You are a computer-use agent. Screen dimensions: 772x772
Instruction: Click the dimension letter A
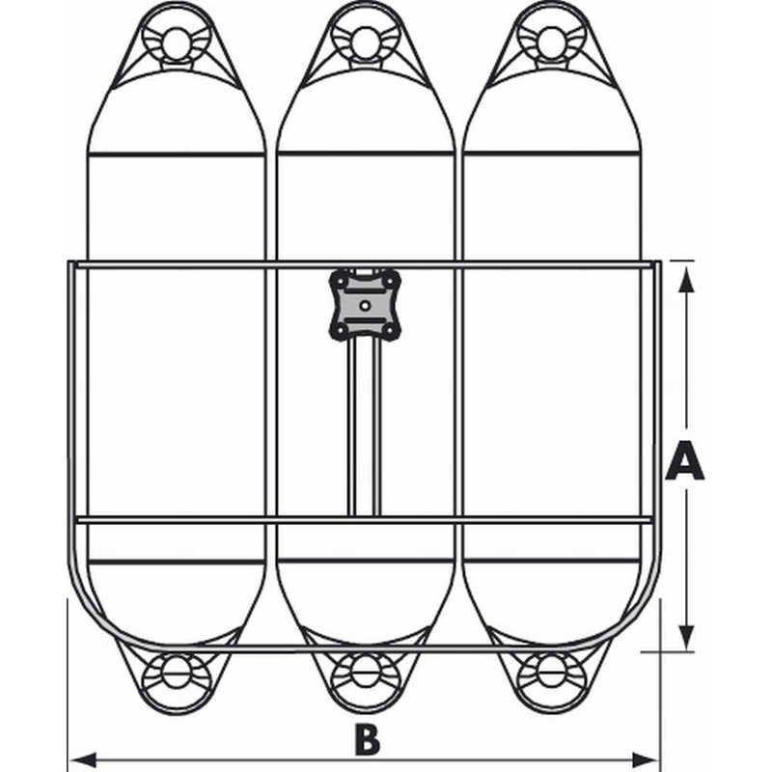tap(684, 461)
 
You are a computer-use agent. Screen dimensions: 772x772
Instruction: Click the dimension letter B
tap(368, 740)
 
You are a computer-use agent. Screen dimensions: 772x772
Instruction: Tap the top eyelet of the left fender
tap(176, 43)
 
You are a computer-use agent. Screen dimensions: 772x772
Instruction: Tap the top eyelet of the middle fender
tap(365, 42)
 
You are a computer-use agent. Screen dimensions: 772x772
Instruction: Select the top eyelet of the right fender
tap(551, 42)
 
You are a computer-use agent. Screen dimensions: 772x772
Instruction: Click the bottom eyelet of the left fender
tap(176, 672)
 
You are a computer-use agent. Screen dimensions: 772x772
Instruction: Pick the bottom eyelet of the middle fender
tap(366, 672)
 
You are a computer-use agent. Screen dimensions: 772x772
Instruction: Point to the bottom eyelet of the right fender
tap(551, 672)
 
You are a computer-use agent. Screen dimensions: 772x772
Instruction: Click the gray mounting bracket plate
tap(365, 305)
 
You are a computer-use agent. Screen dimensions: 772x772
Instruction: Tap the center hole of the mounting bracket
tap(365, 306)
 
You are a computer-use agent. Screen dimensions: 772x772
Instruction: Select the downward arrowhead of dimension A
tap(686, 637)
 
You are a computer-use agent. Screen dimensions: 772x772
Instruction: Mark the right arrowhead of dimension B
tap(644, 759)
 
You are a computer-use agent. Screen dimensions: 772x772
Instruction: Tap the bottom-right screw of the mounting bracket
tap(391, 330)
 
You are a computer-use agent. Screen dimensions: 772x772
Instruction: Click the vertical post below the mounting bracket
tap(365, 427)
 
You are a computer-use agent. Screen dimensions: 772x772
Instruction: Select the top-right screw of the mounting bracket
tap(391, 281)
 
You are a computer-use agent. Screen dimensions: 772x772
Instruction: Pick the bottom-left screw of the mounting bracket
tap(340, 330)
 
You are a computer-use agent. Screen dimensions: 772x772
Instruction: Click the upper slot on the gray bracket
tap(365, 291)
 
